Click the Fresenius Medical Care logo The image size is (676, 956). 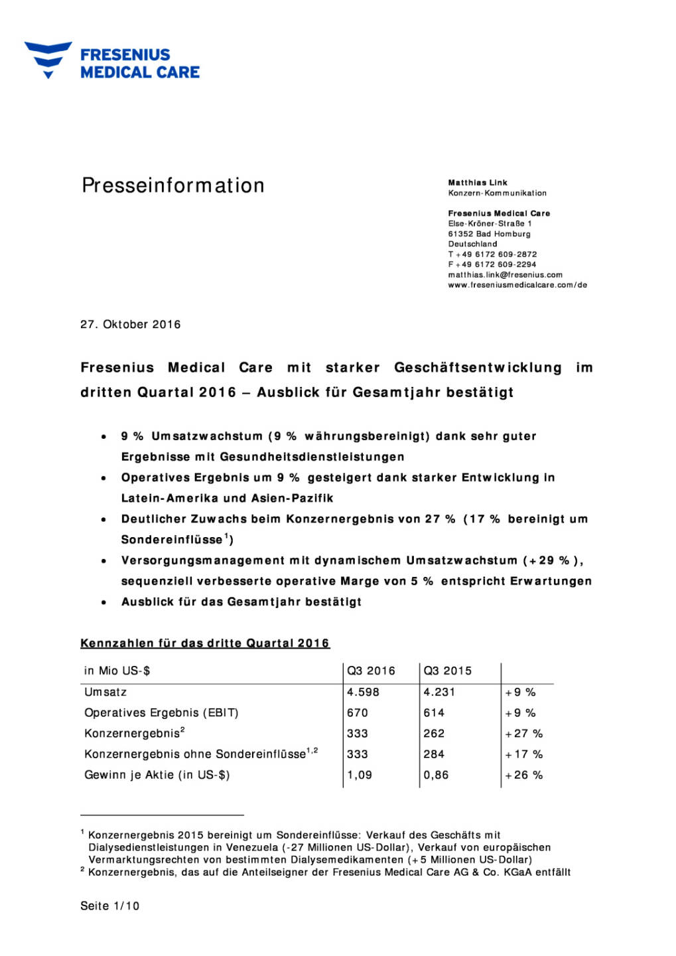pos(112,61)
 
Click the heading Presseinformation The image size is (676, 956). pos(173,185)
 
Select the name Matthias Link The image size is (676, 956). pos(478,183)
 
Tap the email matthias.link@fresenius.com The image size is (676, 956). pos(505,275)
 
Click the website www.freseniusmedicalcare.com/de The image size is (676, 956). pos(517,285)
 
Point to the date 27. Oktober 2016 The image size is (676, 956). pos(131,325)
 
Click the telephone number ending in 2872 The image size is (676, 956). pos(492,254)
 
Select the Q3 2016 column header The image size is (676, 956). pos(371,671)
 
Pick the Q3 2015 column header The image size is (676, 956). pos(448,671)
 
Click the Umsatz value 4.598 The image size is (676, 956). pos(363,692)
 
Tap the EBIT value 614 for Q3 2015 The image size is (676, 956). pos(434,713)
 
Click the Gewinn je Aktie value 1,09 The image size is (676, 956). pos(360,775)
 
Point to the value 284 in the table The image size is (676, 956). pos(434,754)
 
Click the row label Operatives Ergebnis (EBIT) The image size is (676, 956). pos(161,713)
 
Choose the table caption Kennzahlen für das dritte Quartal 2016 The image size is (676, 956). pos(205,643)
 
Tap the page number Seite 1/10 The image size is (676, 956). pos(110,906)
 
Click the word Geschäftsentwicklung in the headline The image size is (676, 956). pos(478,368)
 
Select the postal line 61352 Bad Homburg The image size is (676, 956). pos(489,234)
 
